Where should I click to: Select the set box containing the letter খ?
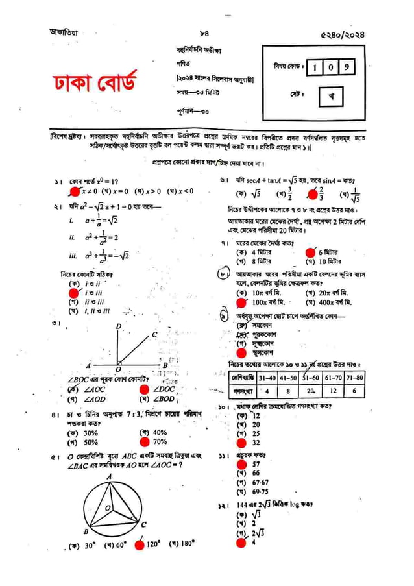(x=331, y=97)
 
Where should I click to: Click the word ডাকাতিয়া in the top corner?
(x=66, y=31)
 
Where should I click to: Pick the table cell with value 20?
(x=311, y=391)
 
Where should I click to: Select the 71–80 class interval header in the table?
(x=354, y=378)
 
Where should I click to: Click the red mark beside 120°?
(x=139, y=545)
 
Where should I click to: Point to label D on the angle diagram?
(x=119, y=326)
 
